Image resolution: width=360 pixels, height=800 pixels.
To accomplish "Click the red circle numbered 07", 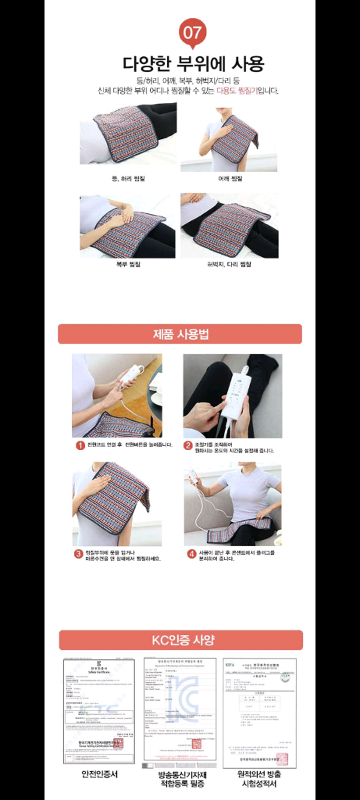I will point(193,34).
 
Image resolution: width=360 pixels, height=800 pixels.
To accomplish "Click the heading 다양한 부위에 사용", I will point(193,63).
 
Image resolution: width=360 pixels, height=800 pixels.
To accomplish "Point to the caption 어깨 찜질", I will point(229,179).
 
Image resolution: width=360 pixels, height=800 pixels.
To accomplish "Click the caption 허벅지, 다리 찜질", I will point(229,264).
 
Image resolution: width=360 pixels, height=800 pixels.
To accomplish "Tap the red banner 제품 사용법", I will point(180,334).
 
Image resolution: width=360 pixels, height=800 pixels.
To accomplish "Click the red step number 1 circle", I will point(80,445).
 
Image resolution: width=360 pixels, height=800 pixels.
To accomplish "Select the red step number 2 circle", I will point(188,445).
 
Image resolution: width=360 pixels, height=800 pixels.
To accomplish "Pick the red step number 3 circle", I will point(79,554).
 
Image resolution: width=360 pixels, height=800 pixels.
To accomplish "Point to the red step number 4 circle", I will point(191,554).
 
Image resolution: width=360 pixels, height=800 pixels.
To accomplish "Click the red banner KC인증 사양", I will point(180,640).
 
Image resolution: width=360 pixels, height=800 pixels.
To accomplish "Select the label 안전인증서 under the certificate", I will point(100,774).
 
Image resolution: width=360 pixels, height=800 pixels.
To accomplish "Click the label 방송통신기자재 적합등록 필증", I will point(180,779).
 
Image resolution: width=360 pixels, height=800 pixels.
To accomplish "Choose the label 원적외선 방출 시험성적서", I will point(258,779).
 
